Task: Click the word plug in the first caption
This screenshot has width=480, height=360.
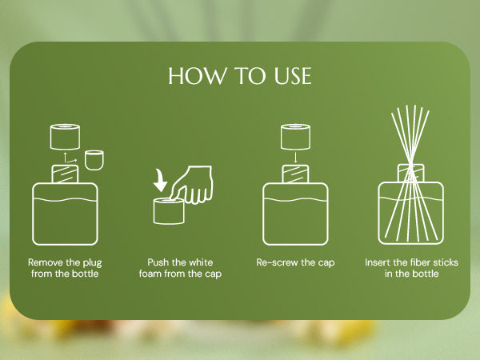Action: [x=92, y=263]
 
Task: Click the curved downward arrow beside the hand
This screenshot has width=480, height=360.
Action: [x=160, y=180]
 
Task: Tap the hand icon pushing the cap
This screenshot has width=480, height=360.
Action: [x=192, y=185]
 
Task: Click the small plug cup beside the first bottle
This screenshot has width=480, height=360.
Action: [x=94, y=160]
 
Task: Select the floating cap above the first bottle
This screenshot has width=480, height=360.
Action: [x=66, y=137]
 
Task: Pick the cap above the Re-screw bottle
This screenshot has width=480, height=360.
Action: [x=295, y=137]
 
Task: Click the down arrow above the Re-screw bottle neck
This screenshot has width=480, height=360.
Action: [x=295, y=157]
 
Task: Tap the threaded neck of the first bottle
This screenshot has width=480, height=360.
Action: [x=65, y=174]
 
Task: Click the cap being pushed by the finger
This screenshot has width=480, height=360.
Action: [x=169, y=211]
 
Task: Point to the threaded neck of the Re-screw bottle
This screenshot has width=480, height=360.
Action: [x=295, y=174]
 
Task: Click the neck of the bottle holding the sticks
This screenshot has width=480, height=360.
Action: [x=411, y=173]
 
